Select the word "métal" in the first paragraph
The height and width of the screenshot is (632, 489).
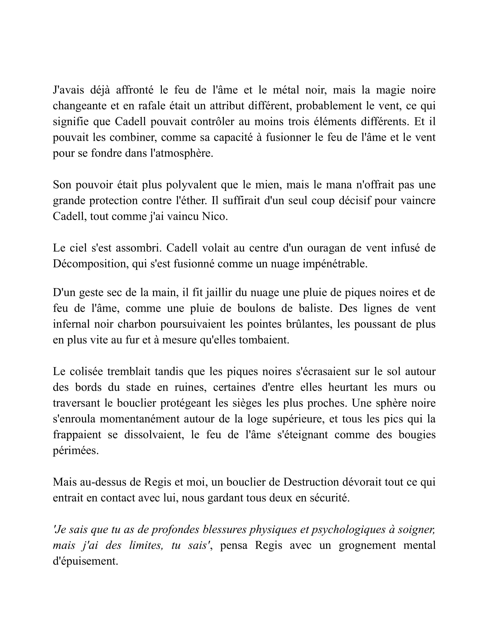coord(286,90)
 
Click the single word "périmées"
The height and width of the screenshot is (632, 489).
coord(76,450)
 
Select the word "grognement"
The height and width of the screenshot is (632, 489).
coord(367,546)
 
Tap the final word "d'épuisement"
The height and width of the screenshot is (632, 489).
coord(85,561)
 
